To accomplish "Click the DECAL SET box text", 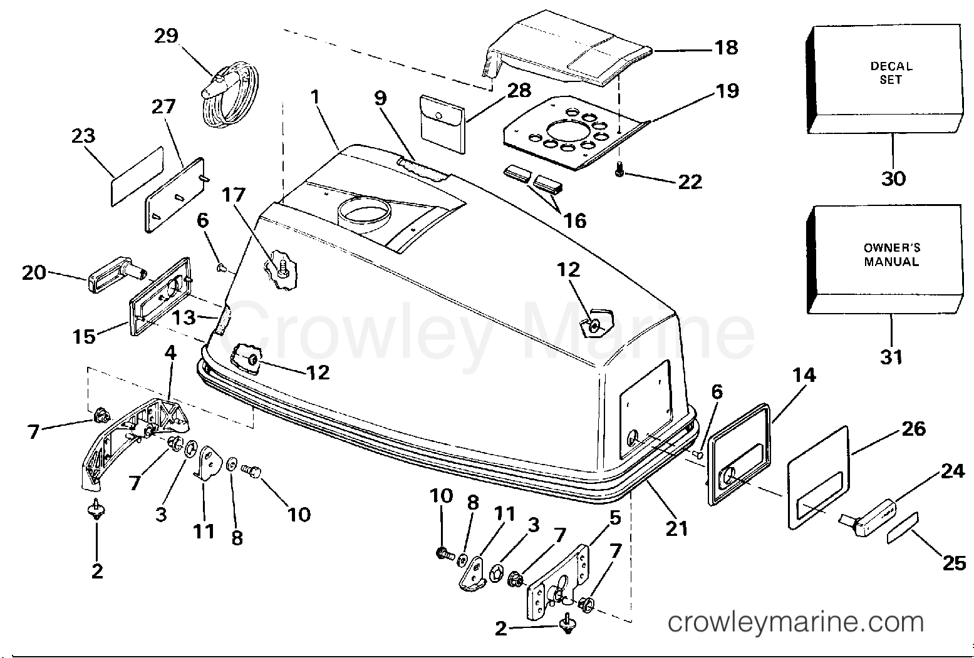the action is click(x=891, y=73).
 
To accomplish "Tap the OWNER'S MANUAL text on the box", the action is click(x=891, y=255).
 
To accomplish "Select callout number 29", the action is click(x=166, y=36).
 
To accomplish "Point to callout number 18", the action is click(x=726, y=48).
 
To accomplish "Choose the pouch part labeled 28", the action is click(x=442, y=125).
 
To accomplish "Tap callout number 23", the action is click(x=83, y=136).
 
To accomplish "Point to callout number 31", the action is click(x=891, y=357).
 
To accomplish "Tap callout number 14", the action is click(x=804, y=374).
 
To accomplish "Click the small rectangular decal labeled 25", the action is click(x=903, y=528).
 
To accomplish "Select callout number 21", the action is click(x=676, y=528).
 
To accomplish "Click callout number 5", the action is click(x=615, y=518).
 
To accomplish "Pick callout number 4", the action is click(x=170, y=352).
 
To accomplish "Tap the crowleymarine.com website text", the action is click(x=795, y=622).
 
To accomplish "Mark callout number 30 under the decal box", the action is click(x=893, y=178).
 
